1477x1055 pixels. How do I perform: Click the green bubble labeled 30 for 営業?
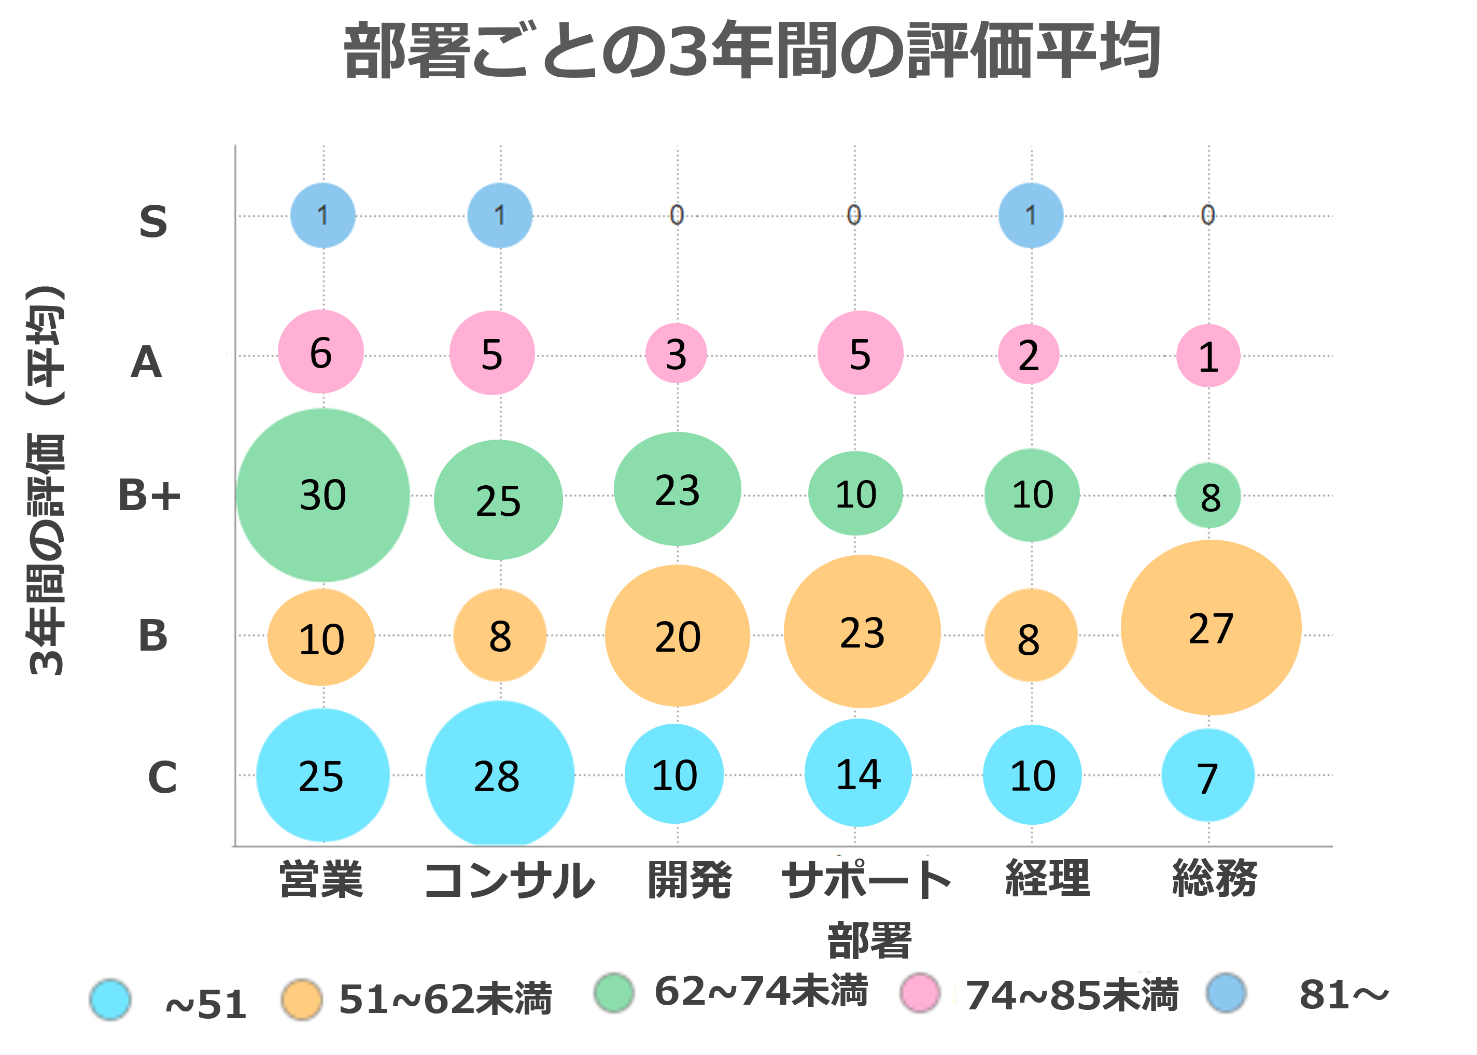323,495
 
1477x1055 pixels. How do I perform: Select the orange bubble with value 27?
1211,627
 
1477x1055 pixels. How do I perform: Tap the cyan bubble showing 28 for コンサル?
499,775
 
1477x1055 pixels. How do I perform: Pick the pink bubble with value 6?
321,352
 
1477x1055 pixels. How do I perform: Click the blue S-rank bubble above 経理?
1031,215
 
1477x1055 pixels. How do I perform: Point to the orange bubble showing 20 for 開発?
678,636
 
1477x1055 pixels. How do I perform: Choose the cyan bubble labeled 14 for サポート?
858,773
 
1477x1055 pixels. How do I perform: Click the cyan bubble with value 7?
1207,776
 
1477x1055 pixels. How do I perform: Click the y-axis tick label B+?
149,495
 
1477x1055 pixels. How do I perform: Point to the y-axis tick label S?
153,221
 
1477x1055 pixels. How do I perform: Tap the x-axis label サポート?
866,880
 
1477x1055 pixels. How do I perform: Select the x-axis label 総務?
1215,878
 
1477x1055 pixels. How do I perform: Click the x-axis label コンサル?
509,880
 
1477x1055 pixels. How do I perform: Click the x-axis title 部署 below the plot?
870,940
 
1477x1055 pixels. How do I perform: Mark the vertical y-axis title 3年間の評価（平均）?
46,481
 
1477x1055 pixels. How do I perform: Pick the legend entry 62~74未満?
760,991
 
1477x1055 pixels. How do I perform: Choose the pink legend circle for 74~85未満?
920,993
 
